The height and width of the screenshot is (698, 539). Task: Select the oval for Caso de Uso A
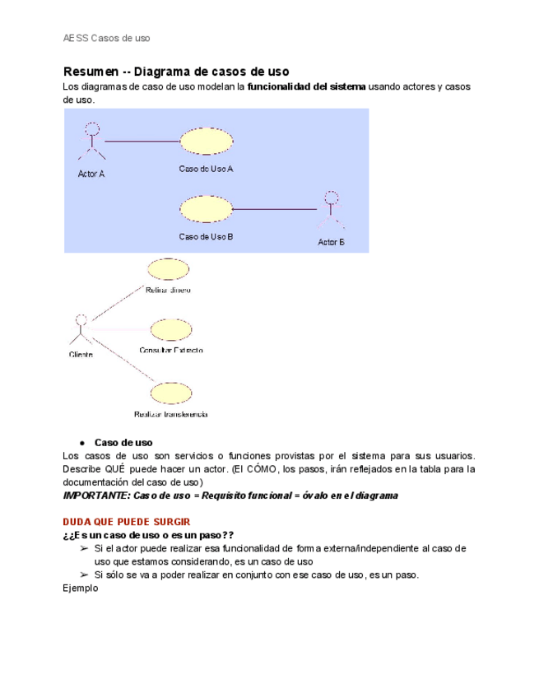(x=206, y=142)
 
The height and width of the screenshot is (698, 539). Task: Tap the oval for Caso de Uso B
(x=206, y=209)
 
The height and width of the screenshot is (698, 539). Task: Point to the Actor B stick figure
(x=331, y=211)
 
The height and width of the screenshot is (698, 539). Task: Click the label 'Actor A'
(x=91, y=174)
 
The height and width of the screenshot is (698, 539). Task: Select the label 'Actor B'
(x=331, y=242)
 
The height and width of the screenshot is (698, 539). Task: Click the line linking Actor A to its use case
(x=142, y=142)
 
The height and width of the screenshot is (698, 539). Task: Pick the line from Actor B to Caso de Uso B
(x=274, y=209)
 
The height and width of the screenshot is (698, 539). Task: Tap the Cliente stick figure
(x=81, y=328)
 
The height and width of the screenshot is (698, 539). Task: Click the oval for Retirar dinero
(x=168, y=269)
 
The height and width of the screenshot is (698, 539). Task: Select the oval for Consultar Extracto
(x=172, y=330)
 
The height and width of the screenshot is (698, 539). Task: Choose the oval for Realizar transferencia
(x=171, y=392)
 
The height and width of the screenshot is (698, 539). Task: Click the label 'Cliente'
(x=81, y=355)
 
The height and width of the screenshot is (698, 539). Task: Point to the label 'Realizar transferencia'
(x=170, y=414)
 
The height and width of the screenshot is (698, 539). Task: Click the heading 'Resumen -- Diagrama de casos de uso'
(x=176, y=72)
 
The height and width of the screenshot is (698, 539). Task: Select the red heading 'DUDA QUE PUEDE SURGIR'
(x=126, y=522)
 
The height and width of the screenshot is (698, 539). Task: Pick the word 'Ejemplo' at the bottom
(x=81, y=589)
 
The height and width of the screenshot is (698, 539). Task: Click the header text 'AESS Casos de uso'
(x=107, y=38)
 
